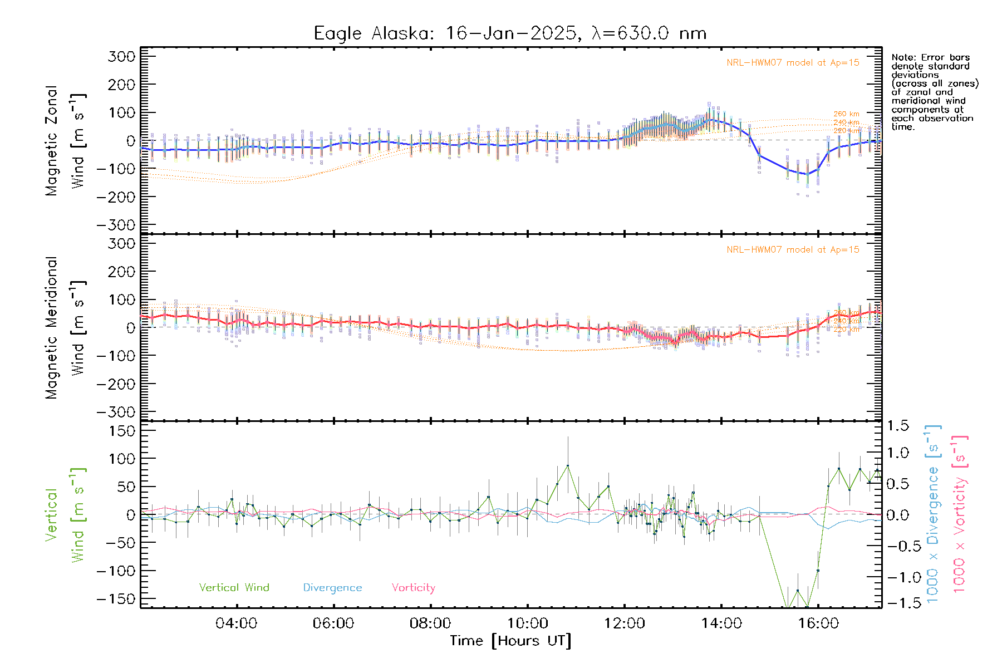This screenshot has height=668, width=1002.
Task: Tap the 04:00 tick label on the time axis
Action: click(x=237, y=623)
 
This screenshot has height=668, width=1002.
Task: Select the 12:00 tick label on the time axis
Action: click(x=625, y=623)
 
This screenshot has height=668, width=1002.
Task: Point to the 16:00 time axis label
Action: click(x=818, y=623)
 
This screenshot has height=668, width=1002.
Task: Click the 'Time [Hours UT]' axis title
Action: click(x=510, y=641)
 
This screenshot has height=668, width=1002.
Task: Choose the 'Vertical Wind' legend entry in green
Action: click(x=234, y=588)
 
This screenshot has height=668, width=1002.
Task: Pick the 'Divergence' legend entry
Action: click(x=332, y=588)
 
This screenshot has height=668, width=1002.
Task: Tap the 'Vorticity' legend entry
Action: click(x=413, y=588)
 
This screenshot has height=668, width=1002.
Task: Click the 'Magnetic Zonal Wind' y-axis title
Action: click(x=66, y=141)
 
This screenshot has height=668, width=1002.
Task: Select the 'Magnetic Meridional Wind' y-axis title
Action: click(x=66, y=328)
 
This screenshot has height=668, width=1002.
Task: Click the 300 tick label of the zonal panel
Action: click(x=121, y=56)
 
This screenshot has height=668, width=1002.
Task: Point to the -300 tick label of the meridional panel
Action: click(x=116, y=412)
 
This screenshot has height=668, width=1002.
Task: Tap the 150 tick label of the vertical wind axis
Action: click(x=121, y=431)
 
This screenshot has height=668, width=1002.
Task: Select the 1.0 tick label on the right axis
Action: click(x=898, y=452)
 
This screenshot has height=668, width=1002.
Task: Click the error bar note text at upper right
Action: click(x=934, y=92)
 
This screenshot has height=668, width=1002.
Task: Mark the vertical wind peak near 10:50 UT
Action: click(x=568, y=465)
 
